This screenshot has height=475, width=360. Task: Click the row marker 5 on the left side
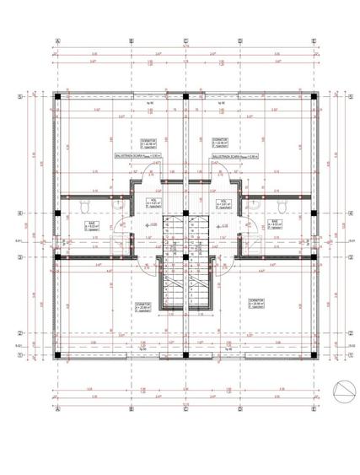(19, 97)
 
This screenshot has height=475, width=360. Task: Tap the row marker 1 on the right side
(349, 354)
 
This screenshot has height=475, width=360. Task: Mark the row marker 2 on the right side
(349, 333)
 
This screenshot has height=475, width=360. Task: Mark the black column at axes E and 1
(313, 354)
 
